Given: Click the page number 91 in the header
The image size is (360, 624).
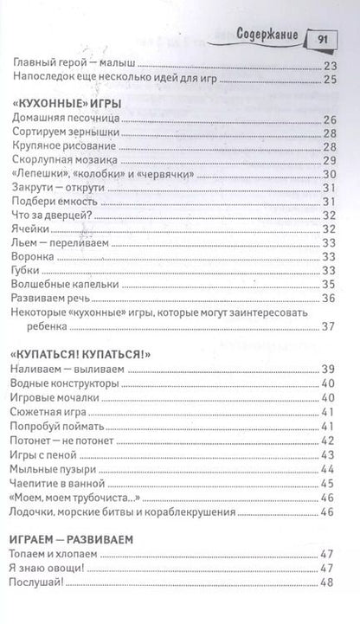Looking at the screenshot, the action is coord(318,37).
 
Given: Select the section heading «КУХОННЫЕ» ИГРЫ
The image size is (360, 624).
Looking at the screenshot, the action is coord(66,103).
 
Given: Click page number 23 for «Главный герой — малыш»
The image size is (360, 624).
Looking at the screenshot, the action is coord(328,66).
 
